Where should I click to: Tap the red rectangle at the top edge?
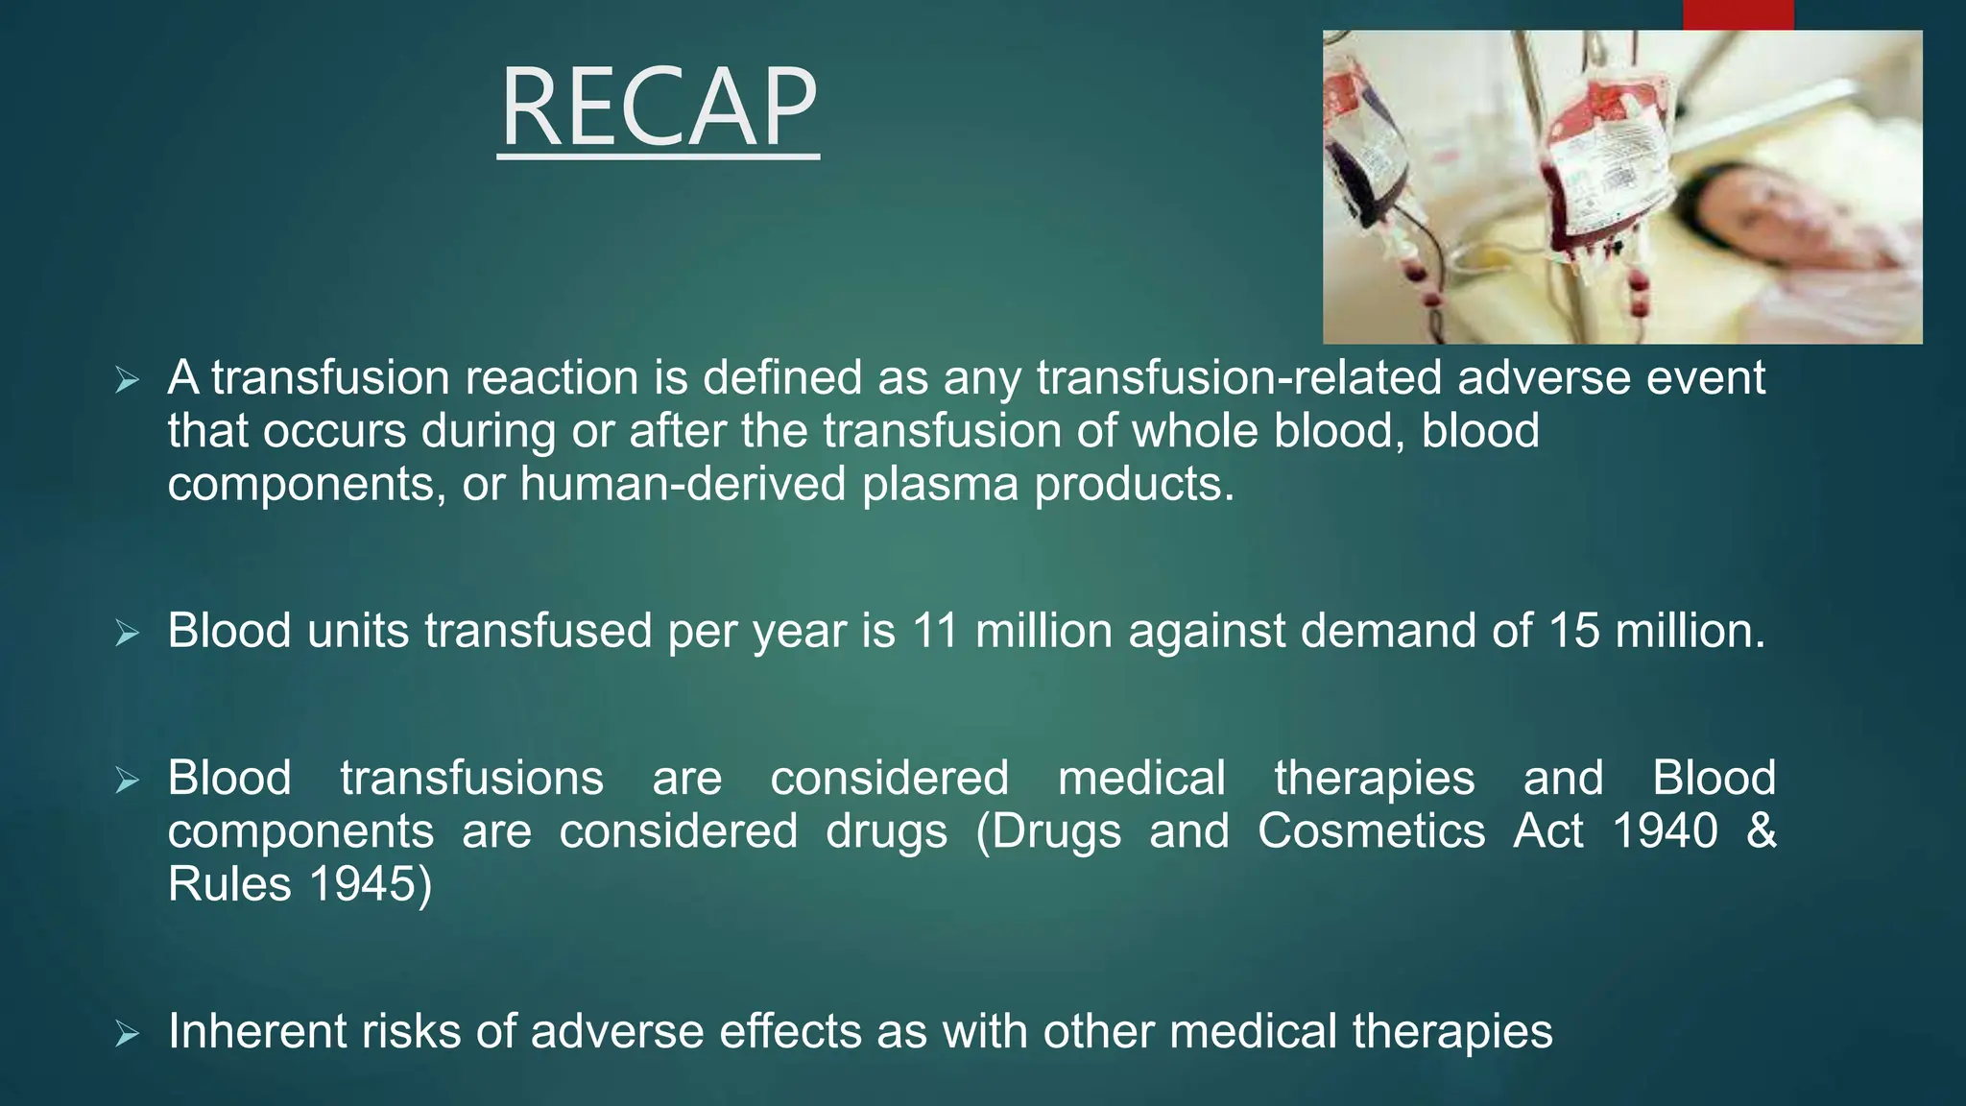pyautogui.click(x=1738, y=14)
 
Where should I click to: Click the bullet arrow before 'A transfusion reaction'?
pyautogui.click(x=127, y=380)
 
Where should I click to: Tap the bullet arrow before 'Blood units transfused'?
pyautogui.click(x=127, y=633)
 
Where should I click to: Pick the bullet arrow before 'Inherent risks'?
pyautogui.click(x=127, y=1034)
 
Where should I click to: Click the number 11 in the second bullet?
pyautogui.click(x=935, y=631)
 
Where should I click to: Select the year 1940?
pyautogui.click(x=1665, y=830)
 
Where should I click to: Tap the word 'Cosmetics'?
pyautogui.click(x=1371, y=830)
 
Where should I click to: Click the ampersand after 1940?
pyautogui.click(x=1762, y=830)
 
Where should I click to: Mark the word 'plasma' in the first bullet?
pyautogui.click(x=940, y=484)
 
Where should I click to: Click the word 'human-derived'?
pyautogui.click(x=682, y=484)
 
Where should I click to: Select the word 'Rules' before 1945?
pyautogui.click(x=228, y=883)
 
